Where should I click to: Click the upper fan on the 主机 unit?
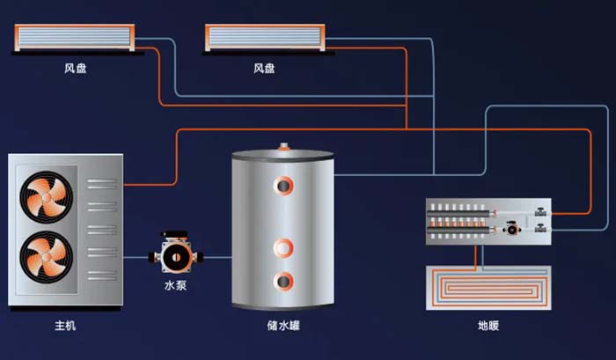(x=47, y=197)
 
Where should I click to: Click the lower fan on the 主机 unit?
(x=47, y=257)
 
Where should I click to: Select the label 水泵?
(x=175, y=285)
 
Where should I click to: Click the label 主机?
(x=65, y=326)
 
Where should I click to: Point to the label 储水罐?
(x=283, y=326)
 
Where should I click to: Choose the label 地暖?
(x=488, y=326)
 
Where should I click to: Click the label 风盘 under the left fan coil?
(x=75, y=69)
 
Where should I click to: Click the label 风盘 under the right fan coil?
(x=264, y=69)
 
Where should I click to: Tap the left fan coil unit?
(x=75, y=37)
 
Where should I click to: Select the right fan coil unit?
(x=265, y=37)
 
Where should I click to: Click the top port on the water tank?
(x=283, y=186)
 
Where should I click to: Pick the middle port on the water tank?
(x=283, y=248)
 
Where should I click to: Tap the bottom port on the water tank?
(x=283, y=282)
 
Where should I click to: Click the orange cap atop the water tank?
(x=283, y=147)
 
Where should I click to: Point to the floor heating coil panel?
(x=488, y=288)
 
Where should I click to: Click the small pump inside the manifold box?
(x=512, y=228)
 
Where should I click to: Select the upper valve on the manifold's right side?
(x=540, y=212)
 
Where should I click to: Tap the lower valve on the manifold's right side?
(x=540, y=228)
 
